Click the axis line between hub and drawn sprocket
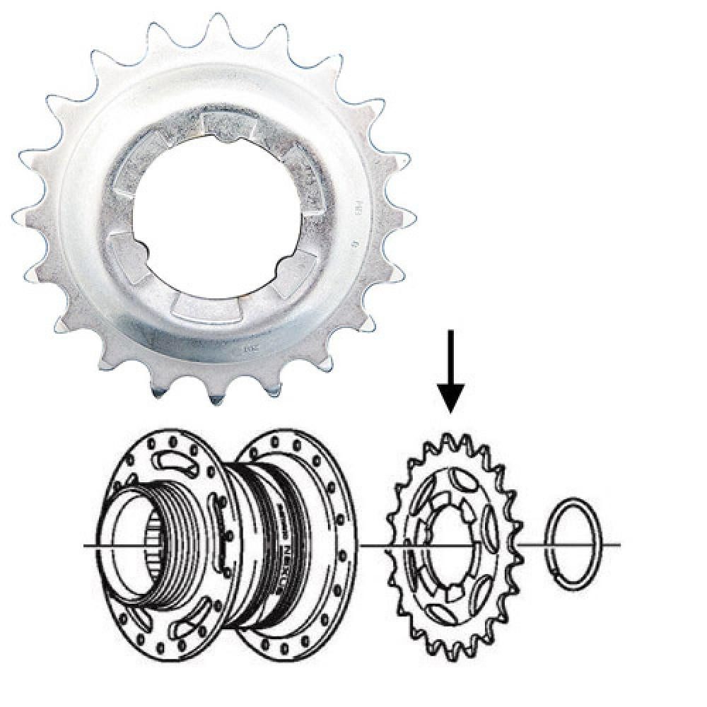378,545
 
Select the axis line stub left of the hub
96,546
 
